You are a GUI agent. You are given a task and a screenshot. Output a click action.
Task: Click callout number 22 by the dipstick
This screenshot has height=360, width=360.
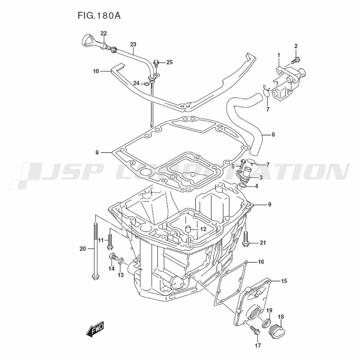point(104,33)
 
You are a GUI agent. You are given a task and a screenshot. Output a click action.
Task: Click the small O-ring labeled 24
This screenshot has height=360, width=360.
point(147,84)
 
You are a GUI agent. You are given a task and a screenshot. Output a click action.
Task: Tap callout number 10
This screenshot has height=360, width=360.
point(96,71)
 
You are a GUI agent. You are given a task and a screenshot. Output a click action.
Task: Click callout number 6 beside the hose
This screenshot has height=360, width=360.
point(273,135)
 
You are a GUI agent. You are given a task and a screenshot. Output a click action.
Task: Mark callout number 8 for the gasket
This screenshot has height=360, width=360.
point(97,152)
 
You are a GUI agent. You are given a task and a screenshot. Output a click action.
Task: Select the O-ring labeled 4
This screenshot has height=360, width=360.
point(242,186)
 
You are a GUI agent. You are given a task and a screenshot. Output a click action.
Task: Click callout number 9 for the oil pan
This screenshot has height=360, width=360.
point(269,204)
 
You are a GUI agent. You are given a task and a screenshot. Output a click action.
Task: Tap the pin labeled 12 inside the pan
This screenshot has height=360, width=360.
point(188,229)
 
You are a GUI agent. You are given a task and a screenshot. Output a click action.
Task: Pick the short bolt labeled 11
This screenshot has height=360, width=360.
point(110,241)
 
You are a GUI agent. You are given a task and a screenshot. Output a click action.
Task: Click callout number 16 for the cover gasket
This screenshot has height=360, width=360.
point(261,262)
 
